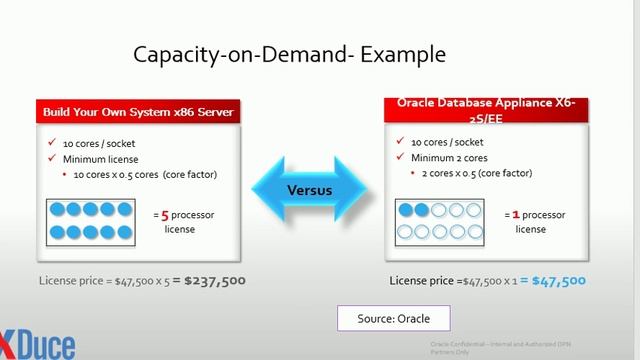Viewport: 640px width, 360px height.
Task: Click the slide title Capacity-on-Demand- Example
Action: (290, 53)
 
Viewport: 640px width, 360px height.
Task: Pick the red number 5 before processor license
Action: (164, 214)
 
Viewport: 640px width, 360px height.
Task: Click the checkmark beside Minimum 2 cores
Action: (400, 158)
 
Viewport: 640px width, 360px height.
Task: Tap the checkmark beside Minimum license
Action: (51, 158)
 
